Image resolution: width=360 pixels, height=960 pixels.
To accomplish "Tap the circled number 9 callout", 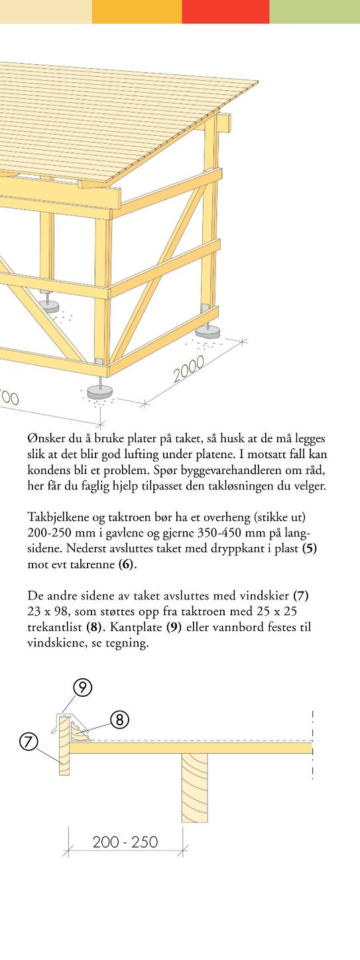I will [82, 688].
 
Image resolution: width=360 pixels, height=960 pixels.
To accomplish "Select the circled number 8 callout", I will [119, 719].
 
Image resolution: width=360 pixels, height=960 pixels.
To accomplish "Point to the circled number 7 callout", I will [29, 741].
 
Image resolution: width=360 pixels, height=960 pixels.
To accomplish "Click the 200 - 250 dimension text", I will [125, 842].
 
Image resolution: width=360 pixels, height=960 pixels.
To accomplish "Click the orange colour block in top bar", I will [137, 11].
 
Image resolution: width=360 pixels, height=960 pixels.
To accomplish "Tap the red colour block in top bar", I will [225, 11].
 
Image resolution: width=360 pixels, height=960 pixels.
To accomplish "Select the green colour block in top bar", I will [314, 11].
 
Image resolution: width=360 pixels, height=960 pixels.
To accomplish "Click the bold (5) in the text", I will [310, 549].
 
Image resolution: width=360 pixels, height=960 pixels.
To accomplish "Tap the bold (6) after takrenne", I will [127, 565].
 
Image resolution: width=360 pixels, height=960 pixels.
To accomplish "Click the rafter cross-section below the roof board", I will [194, 787].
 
